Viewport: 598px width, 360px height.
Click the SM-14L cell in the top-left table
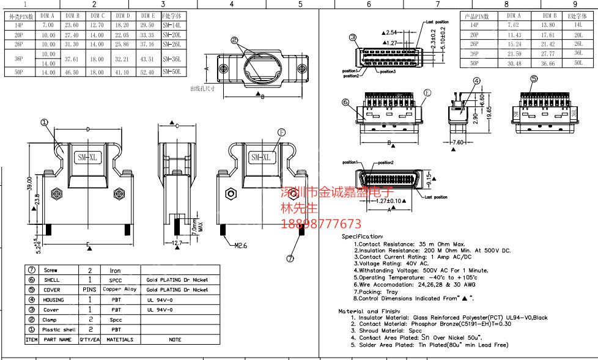pyautogui.click(x=172, y=25)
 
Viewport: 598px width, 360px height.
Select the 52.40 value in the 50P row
pyautogui.click(x=147, y=72)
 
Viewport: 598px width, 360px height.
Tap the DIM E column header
pyautogui.click(x=147, y=15)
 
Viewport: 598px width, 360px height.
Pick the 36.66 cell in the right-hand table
pyautogui.click(x=548, y=63)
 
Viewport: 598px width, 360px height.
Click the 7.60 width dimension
pyautogui.click(x=459, y=142)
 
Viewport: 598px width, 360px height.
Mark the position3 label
pyautogui.click(x=388, y=72)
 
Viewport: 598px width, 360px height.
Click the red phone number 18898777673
pyautogui.click(x=320, y=224)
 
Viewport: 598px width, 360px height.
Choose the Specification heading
pyautogui.click(x=362, y=236)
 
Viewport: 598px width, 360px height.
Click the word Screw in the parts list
pyautogui.click(x=50, y=270)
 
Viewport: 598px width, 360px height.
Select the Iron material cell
pyautogui.click(x=115, y=270)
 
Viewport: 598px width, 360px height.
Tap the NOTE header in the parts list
pyautogui.click(x=175, y=339)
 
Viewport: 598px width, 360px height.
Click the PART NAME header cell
pyautogui.click(x=58, y=339)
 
